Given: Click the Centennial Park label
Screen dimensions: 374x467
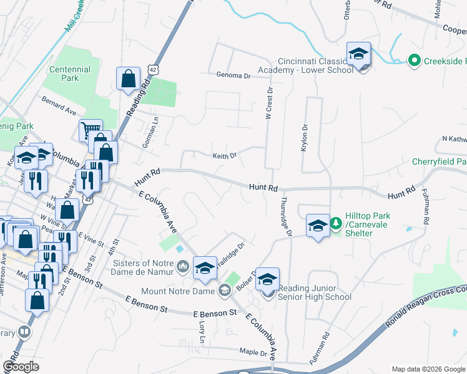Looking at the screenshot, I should pyautogui.click(x=71, y=74).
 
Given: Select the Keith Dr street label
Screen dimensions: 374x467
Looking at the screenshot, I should pyautogui.click(x=225, y=156).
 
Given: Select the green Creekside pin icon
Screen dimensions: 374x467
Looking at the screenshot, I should pyautogui.click(x=413, y=60).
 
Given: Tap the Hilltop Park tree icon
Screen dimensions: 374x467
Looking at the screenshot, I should pyautogui.click(x=336, y=223).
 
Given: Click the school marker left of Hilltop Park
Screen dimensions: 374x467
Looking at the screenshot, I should pyautogui.click(x=318, y=226).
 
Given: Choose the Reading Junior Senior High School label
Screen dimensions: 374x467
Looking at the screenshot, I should pyautogui.click(x=315, y=292).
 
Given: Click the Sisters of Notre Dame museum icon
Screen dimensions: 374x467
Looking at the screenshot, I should pyautogui.click(x=183, y=267).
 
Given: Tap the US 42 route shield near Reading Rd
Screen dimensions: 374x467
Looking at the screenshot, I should pyautogui.click(x=152, y=67).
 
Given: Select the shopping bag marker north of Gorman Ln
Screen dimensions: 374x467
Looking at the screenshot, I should pyautogui.click(x=128, y=79).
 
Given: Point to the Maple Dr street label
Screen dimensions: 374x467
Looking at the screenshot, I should pyautogui.click(x=254, y=352).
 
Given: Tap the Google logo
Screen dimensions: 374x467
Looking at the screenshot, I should pyautogui.click(x=21, y=367).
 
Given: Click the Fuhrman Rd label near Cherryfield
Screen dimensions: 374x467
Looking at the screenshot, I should pyautogui.click(x=426, y=205).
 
